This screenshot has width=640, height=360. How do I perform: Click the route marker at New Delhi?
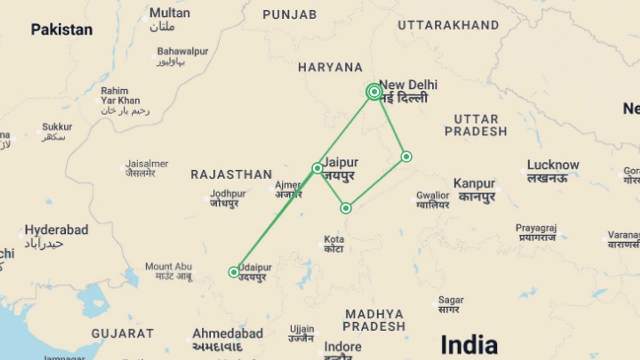tap(374, 92)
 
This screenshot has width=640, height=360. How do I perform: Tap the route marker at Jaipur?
tap(317, 168)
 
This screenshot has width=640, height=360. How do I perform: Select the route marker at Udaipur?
tap(234, 272)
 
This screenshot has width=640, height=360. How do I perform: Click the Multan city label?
tap(170, 13)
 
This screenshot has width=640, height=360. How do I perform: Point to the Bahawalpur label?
tap(183, 52)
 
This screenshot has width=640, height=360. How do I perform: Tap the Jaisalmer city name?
tap(147, 164)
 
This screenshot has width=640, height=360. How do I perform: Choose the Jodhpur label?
tap(228, 194)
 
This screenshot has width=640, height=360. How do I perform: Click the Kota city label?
tap(334, 239)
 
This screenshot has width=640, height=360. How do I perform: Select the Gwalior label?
tap(433, 195)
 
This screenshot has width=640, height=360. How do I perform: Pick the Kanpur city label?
tap(474, 184)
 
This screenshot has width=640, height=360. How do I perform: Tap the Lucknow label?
tap(553, 165)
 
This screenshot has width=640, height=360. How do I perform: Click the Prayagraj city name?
tap(536, 228)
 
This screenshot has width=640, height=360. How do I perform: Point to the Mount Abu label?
tap(168, 267)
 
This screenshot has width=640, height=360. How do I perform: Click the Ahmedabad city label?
tap(228, 334)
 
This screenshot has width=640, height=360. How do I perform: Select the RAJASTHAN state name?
tap(231, 174)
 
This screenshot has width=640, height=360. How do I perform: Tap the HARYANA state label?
tap(330, 67)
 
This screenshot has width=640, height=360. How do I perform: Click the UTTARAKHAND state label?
tap(448, 25)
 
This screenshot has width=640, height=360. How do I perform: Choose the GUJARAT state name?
tap(123, 333)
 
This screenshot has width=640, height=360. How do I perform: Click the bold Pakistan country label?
tap(62, 30)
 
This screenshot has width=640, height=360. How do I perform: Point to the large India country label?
tap(469, 345)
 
